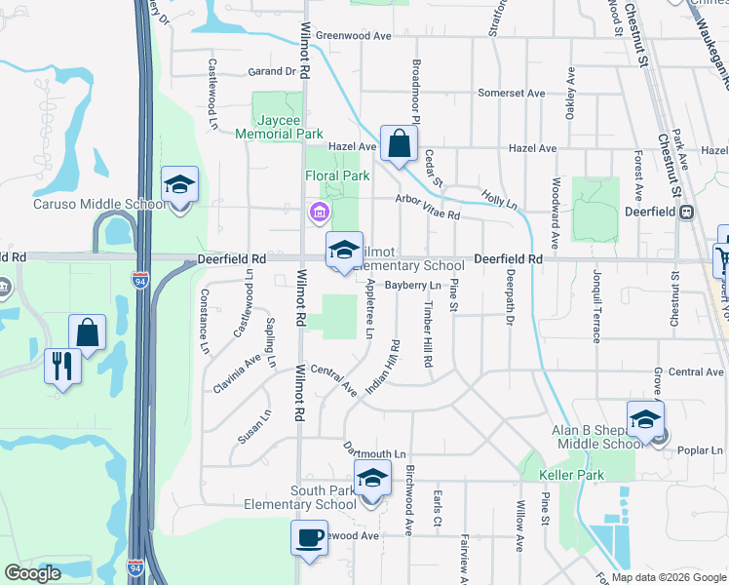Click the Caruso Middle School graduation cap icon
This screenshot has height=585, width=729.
click(x=179, y=185)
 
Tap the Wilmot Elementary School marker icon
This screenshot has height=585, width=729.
click(x=343, y=251)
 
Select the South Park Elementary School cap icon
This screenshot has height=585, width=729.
click(x=370, y=480)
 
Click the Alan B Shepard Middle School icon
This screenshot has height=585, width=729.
click(x=644, y=419)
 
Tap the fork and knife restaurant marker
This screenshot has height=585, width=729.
click(x=62, y=367)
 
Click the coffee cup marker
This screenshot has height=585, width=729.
click(x=310, y=538)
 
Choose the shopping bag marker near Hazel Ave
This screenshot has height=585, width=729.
click(x=399, y=144)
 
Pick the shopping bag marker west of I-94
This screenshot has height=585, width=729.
click(x=88, y=332)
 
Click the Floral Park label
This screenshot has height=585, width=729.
click(x=337, y=176)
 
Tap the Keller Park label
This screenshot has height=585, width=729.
click(x=571, y=476)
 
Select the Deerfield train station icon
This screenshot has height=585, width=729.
click(x=687, y=212)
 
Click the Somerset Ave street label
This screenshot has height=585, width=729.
click(x=511, y=94)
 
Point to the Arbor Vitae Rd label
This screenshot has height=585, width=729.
click(x=427, y=207)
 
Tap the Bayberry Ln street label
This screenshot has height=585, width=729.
click(x=412, y=286)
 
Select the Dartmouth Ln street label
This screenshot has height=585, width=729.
click(x=373, y=453)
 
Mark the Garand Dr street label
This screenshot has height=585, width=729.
click(x=271, y=71)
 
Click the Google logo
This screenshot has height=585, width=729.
click(x=32, y=573)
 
